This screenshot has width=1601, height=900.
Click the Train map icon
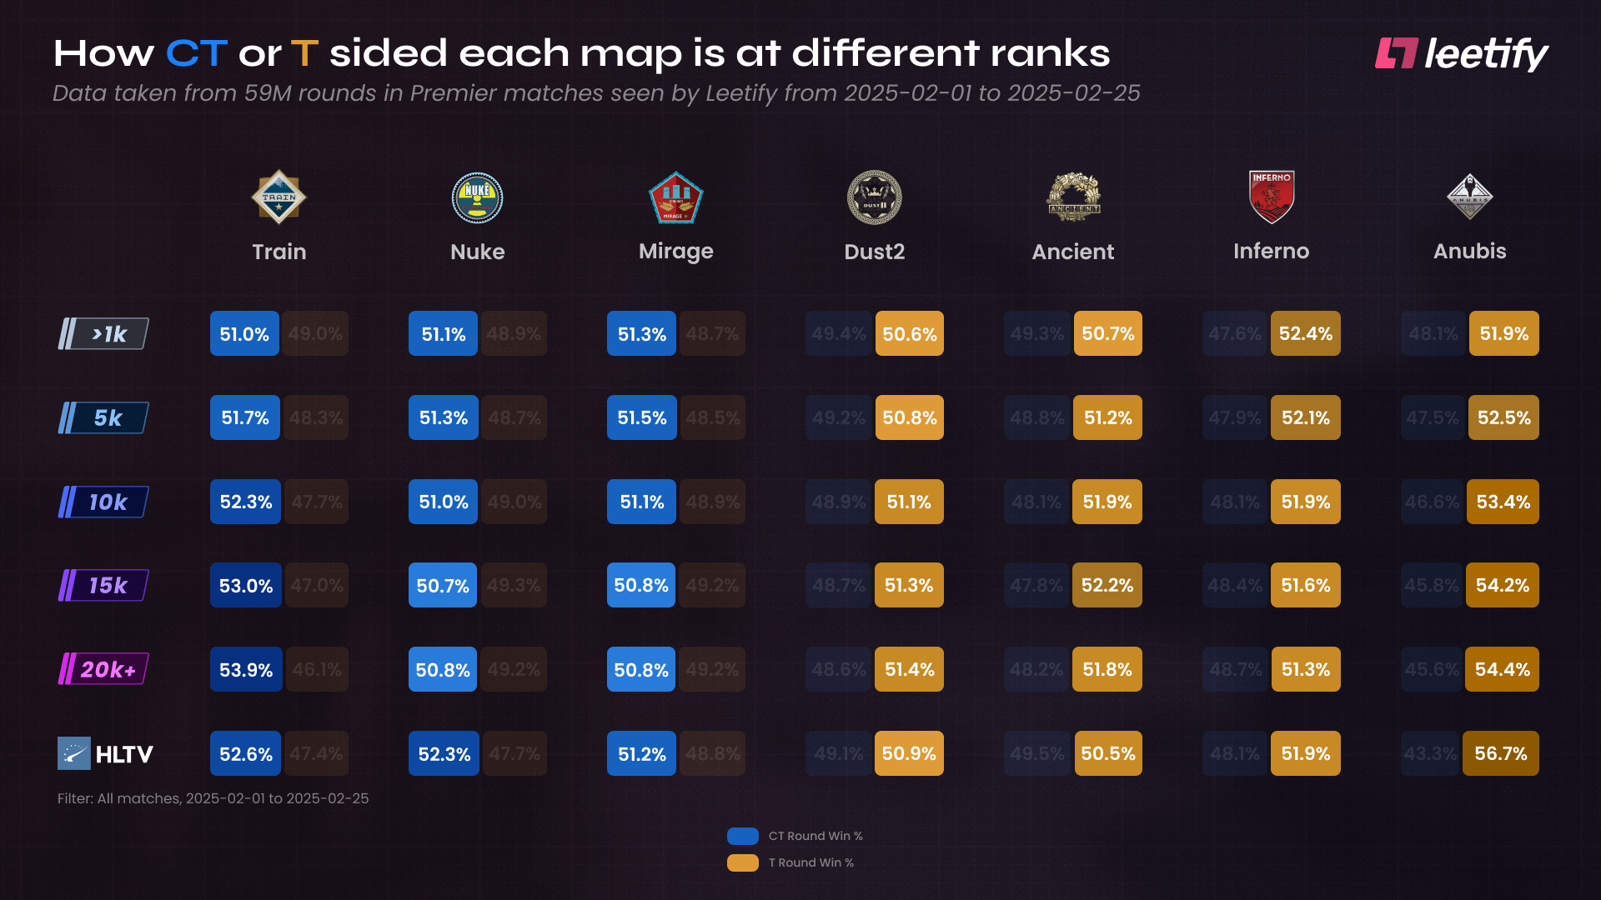279,197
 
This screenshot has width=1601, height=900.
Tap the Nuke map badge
477,197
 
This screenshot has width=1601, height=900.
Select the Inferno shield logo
1271,197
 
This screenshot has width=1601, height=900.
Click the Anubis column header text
1469,251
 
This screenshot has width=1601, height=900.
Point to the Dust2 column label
874,252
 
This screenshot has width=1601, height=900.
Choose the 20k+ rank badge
104,669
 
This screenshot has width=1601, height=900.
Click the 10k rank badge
104,502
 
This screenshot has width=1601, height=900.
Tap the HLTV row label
106,754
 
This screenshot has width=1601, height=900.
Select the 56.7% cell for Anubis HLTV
1500,753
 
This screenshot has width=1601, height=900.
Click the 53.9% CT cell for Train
246,670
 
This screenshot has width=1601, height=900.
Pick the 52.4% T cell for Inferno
1305,333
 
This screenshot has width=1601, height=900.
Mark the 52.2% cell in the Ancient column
1107,585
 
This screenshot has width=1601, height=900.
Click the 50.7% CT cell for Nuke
443,586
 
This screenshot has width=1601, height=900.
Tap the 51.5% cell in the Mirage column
641,417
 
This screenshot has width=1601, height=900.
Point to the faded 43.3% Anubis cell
1430,753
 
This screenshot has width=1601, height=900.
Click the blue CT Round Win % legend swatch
742,836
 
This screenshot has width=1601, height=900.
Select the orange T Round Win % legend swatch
742,862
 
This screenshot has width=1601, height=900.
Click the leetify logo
1461,54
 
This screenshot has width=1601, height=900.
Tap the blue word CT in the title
197,53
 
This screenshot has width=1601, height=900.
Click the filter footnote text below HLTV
213,798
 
